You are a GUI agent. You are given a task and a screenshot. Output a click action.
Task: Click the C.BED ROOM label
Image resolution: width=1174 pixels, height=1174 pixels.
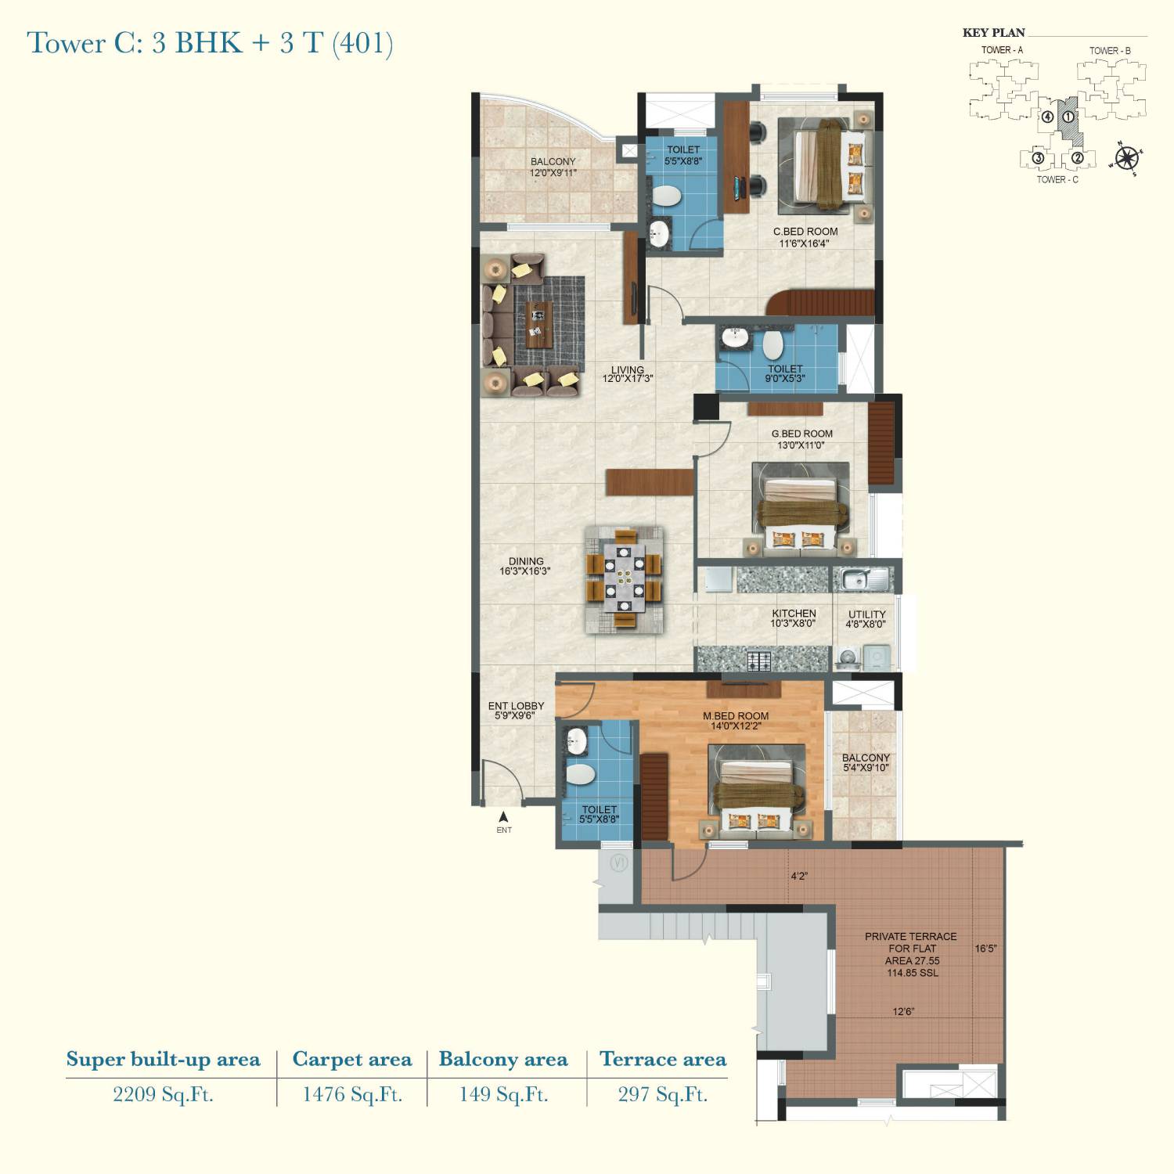tap(805, 232)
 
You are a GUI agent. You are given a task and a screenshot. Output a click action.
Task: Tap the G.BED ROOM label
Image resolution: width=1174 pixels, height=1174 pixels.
tap(802, 434)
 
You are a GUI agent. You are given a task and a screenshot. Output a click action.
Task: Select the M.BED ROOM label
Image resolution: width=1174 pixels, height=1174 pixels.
tap(736, 716)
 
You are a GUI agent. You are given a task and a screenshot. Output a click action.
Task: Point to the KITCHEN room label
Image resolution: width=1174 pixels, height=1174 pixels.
tap(794, 614)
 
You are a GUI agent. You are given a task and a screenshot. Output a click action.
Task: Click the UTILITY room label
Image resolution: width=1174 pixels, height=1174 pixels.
tap(867, 614)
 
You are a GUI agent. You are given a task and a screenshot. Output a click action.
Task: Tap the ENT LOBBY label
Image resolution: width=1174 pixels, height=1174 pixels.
tap(516, 706)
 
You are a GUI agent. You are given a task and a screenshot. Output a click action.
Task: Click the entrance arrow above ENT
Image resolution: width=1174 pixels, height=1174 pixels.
tap(504, 816)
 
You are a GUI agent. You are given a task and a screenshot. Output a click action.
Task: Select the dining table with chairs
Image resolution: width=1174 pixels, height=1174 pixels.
tap(625, 580)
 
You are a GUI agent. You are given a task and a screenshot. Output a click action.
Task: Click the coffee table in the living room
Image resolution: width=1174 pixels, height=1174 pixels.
tap(538, 323)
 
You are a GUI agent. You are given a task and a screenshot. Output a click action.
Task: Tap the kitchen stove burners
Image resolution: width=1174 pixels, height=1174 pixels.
tap(759, 661)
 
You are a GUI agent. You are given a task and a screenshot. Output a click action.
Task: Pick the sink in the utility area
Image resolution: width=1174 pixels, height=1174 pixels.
tap(864, 580)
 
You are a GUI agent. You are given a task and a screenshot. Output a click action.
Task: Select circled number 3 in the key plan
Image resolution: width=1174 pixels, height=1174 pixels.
tap(1038, 157)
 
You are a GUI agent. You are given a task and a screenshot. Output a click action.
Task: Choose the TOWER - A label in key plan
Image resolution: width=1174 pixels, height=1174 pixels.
tap(1002, 50)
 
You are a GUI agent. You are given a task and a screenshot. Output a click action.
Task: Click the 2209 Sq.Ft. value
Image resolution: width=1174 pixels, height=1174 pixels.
tap(163, 1094)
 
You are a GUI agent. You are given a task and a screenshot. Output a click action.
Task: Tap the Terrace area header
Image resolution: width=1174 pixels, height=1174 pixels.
tap(663, 1059)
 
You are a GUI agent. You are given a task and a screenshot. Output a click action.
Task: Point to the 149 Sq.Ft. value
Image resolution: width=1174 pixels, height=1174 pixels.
tap(503, 1094)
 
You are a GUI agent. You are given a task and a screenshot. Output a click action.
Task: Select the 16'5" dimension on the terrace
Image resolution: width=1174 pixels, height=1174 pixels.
tap(985, 949)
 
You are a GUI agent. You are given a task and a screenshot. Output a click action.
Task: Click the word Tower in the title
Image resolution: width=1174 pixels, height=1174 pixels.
tap(67, 43)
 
